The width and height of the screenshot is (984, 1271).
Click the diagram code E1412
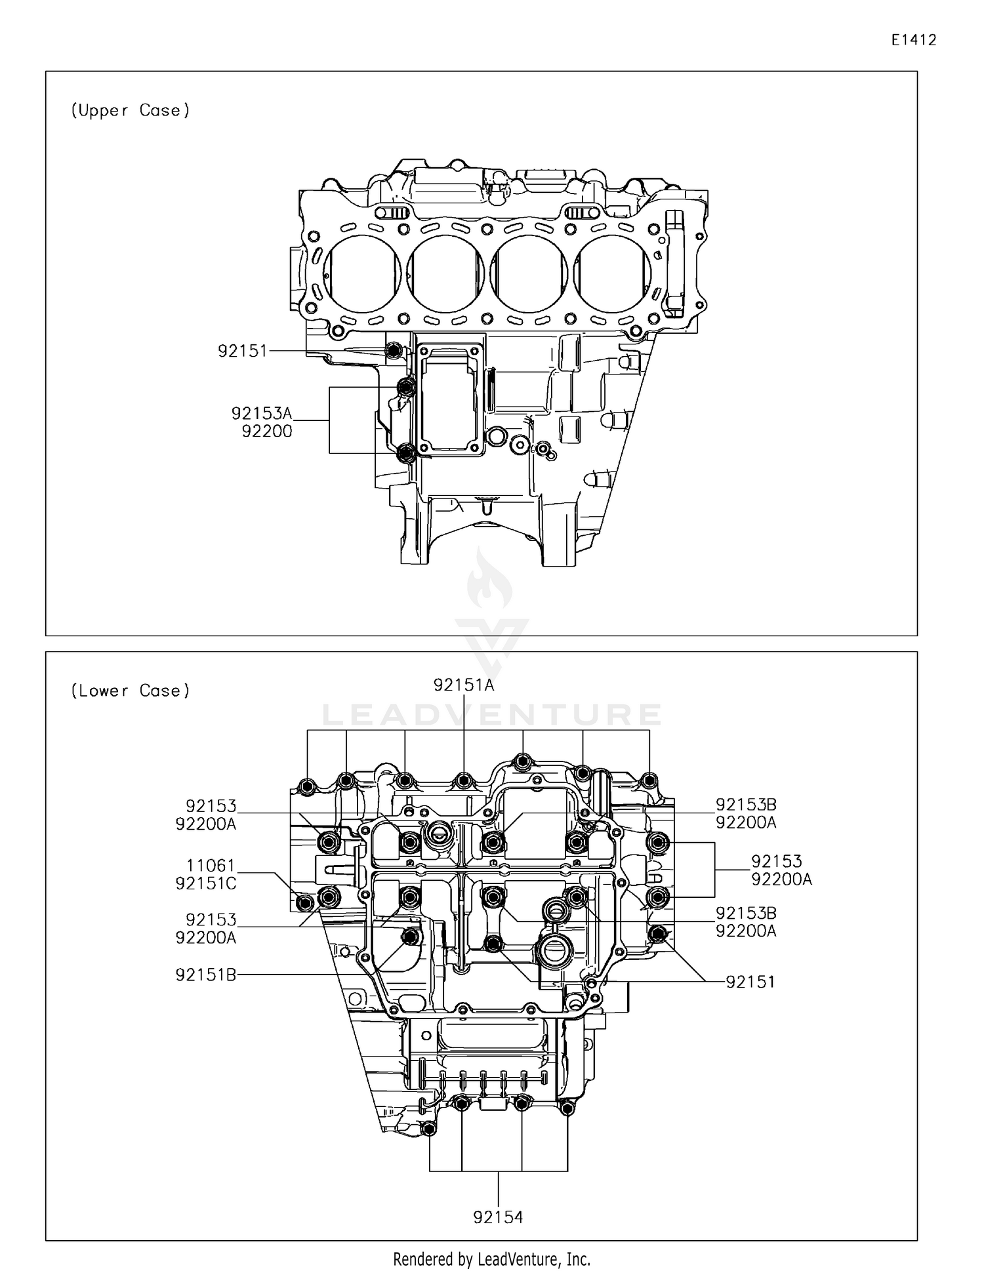913,40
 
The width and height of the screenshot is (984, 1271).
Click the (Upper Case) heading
130,110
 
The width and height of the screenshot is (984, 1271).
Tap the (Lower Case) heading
130,691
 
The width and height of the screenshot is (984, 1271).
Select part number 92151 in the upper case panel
243,352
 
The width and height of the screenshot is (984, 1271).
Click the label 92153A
261,413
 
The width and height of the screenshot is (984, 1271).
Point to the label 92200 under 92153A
267,432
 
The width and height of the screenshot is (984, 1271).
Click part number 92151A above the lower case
463,685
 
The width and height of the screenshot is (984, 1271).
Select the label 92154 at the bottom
498,1218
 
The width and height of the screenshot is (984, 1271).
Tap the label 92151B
205,975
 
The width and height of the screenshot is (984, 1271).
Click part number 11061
210,866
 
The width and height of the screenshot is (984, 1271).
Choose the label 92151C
205,883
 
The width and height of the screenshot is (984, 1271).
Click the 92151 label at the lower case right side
750,982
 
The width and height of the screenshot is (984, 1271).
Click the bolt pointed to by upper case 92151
394,352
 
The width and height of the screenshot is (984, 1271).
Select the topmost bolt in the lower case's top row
523,762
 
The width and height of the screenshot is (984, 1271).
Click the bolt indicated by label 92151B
411,937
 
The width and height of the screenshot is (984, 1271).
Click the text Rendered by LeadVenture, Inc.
491,1259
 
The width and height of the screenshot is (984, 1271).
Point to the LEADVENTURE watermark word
491,714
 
